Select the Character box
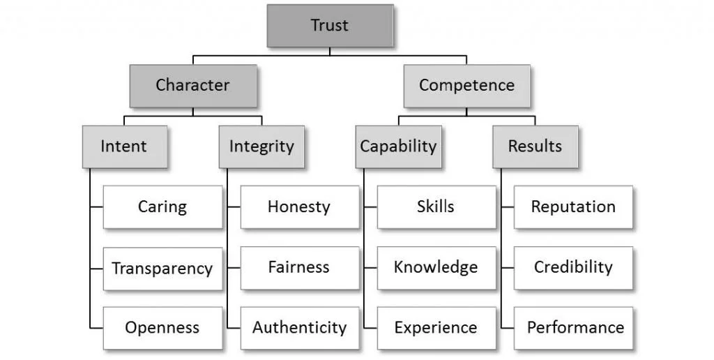point(192,86)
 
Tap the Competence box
point(466,86)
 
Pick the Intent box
point(124,147)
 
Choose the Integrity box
point(261,147)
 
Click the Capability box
point(398,147)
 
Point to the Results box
point(535,147)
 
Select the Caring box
point(162,207)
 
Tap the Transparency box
point(162,268)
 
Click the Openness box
point(162,328)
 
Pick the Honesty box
point(299,207)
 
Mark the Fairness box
point(299,268)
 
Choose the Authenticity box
point(299,328)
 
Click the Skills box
point(436,207)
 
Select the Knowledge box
point(436,268)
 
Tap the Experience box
point(436,328)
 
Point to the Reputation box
point(573,207)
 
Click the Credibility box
point(573,268)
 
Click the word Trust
point(329,27)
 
